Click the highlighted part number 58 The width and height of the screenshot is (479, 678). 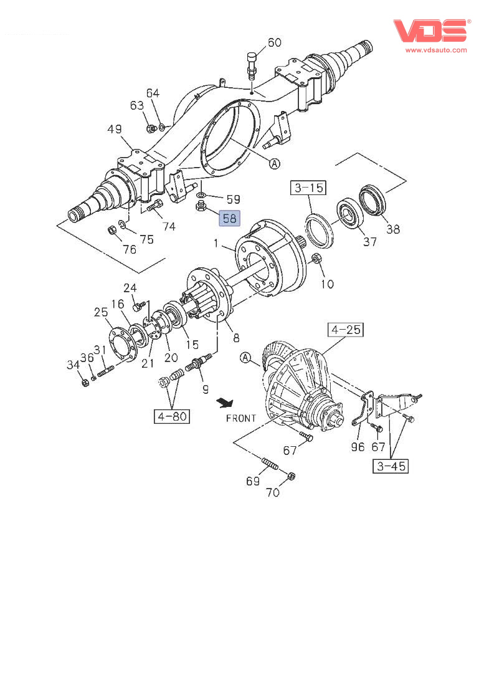pyautogui.click(x=229, y=218)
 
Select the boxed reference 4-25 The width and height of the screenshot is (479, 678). pyautogui.click(x=346, y=330)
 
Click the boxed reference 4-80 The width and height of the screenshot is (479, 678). pyautogui.click(x=172, y=416)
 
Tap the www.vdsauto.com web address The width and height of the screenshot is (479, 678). pyautogui.click(x=435, y=49)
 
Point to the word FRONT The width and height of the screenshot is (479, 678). pyautogui.click(x=240, y=418)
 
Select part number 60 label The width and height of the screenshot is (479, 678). pyautogui.click(x=274, y=42)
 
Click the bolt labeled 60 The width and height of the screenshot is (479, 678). pyautogui.click(x=252, y=65)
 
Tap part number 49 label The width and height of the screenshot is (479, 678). pyautogui.click(x=114, y=129)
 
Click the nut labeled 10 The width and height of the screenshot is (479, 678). pyautogui.click(x=315, y=259)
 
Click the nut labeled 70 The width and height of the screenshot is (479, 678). pyautogui.click(x=292, y=477)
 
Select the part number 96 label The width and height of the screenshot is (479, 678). pyautogui.click(x=357, y=446)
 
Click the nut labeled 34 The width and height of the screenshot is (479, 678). pyautogui.click(x=85, y=382)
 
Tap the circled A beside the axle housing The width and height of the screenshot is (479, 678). pyautogui.click(x=275, y=163)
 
